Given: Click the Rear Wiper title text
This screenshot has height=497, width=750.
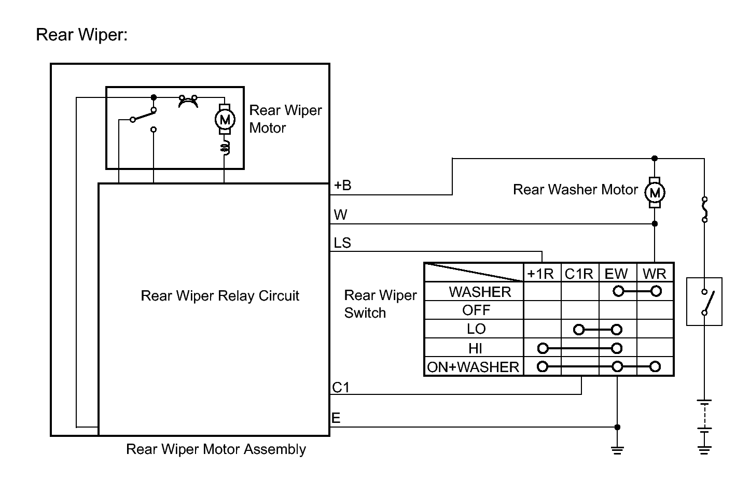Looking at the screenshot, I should tap(81, 35).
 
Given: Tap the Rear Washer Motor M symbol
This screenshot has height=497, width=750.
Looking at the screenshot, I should tap(655, 193).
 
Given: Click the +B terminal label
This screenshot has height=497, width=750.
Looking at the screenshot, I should tap(342, 185).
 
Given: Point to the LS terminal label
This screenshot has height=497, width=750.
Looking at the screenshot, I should tap(342, 243).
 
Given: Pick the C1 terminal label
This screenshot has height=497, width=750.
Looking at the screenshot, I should tap(341, 387).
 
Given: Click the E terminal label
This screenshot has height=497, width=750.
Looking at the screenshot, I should tap(336, 418).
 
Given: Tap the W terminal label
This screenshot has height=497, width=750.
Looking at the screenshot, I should tap(340, 215).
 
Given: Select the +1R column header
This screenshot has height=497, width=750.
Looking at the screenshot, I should tap(540, 274).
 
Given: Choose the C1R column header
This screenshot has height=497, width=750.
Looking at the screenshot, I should tap(579, 274).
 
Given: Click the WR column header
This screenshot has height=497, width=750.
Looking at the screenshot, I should tap(655, 274).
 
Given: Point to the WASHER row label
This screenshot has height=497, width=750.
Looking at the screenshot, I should tap(480, 292).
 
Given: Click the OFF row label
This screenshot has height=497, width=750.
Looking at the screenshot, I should tap(476, 310).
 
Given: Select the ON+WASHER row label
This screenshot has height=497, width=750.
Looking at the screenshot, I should tap(473, 367).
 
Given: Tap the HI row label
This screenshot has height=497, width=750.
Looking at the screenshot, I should tap(475, 348).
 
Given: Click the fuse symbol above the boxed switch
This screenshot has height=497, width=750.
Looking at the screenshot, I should tap(704, 209).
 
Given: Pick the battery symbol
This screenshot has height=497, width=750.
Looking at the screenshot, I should tap(704, 415).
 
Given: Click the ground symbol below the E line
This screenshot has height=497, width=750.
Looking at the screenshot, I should tap(617, 449).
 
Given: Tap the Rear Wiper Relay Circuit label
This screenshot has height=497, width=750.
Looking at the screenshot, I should tap(220, 296).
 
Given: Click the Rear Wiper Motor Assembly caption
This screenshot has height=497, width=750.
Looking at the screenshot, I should tap(216, 449).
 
